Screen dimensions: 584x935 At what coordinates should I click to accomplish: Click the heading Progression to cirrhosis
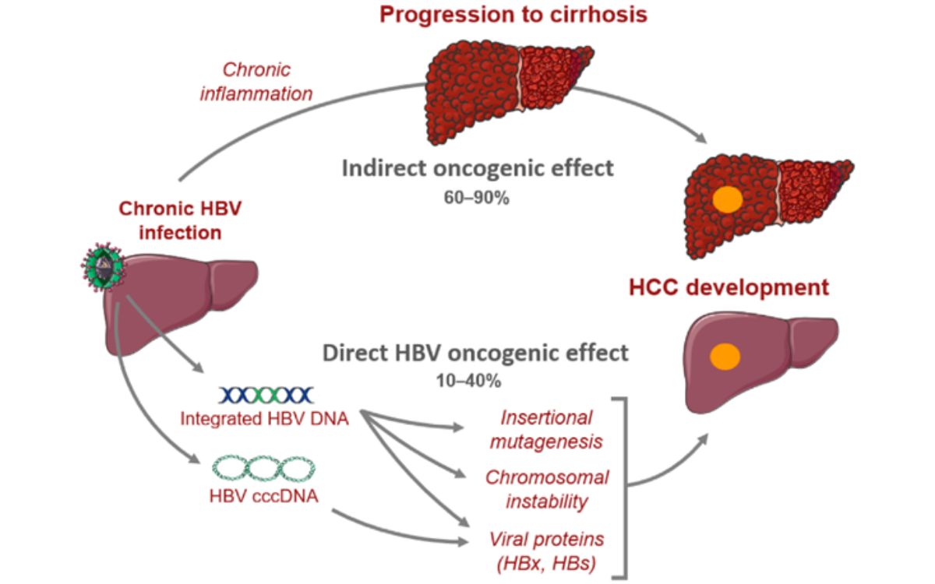(x=513, y=14)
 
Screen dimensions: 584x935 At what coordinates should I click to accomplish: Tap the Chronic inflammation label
(x=266, y=82)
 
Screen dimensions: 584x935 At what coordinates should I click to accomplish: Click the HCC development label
(x=729, y=288)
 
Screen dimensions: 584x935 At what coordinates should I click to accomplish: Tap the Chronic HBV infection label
(x=170, y=220)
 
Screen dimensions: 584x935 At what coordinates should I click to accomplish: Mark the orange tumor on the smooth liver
(x=725, y=356)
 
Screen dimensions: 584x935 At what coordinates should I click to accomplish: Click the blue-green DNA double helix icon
(x=266, y=396)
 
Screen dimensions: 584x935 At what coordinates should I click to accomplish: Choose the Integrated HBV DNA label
(x=264, y=419)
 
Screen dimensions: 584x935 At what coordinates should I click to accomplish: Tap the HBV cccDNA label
(x=263, y=494)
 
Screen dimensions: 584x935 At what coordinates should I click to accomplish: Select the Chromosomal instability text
(x=546, y=488)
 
